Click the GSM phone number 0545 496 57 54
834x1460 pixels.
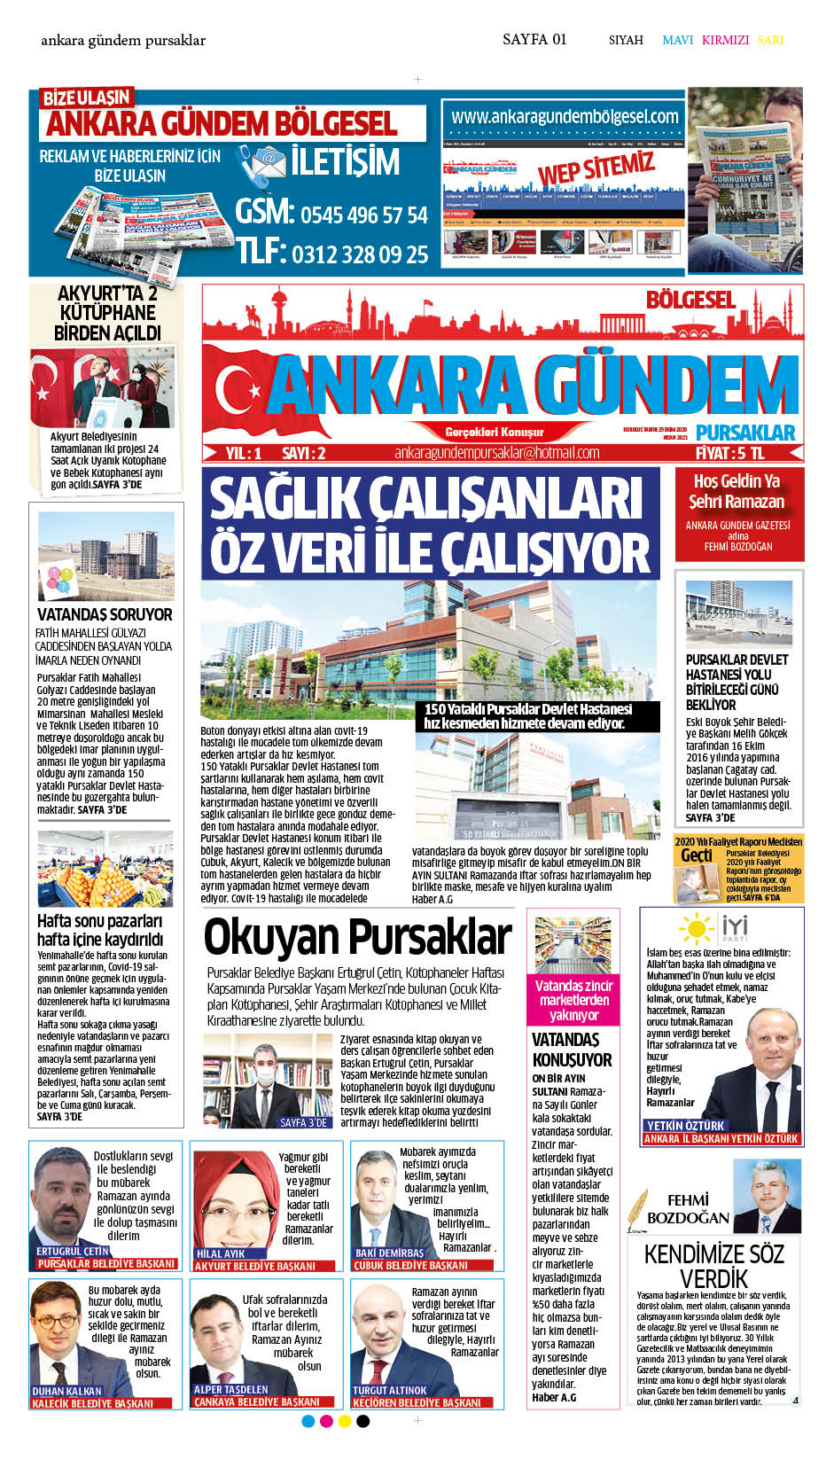[363, 215]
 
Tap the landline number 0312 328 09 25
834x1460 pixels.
[360, 255]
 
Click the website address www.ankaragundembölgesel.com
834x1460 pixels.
[565, 116]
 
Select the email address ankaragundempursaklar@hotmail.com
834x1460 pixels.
[497, 453]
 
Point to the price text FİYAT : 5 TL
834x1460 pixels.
[729, 453]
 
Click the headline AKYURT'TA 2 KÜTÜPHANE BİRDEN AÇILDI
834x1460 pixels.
[107, 313]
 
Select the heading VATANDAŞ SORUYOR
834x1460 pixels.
[105, 614]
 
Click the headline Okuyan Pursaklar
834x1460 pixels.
[357, 937]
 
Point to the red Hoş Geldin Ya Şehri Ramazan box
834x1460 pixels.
[738, 513]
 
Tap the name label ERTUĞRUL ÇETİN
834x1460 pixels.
[73, 1251]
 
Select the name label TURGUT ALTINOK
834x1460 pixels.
[389, 1390]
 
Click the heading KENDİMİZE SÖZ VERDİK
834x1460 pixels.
[713, 1265]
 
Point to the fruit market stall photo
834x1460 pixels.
[105, 870]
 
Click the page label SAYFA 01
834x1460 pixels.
[534, 39]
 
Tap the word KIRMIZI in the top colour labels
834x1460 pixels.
[725, 40]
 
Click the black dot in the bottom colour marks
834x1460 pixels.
[362, 1421]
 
